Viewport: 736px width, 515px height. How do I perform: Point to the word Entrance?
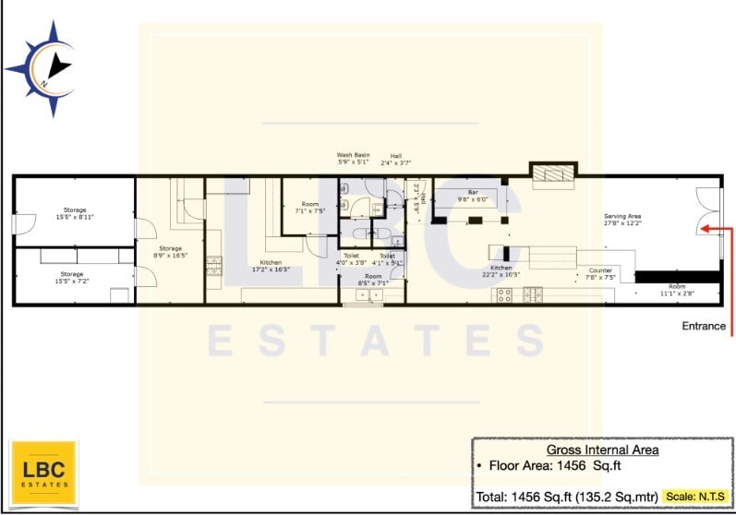pyautogui.click(x=704, y=326)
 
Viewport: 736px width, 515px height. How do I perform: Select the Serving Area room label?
pyautogui.click(x=621, y=219)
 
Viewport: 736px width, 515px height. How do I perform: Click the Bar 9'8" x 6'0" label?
pyautogui.click(x=472, y=197)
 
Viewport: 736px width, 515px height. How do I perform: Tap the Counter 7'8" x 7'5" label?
pyautogui.click(x=601, y=273)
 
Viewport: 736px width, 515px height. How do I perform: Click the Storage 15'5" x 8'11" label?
pyautogui.click(x=74, y=213)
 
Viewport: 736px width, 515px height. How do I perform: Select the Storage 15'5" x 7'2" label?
pyautogui.click(x=71, y=277)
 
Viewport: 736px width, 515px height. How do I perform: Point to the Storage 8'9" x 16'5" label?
pyautogui.click(x=170, y=251)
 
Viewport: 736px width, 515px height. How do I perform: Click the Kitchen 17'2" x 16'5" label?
pyautogui.click(x=271, y=266)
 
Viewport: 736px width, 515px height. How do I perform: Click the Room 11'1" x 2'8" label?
pyautogui.click(x=677, y=289)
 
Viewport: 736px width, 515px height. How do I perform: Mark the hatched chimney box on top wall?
pyautogui.click(x=552, y=171)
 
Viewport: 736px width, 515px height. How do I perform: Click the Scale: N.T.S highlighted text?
pyautogui.click(x=695, y=497)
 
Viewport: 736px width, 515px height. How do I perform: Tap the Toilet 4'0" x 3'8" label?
pyautogui.click(x=351, y=259)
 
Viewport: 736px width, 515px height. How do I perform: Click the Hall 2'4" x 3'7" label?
pyautogui.click(x=395, y=159)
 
